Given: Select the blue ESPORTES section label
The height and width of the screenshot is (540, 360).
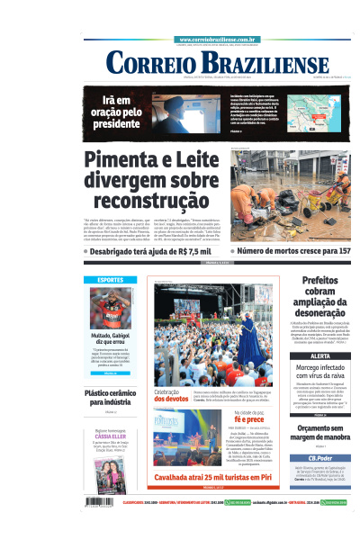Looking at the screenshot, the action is point(111,280).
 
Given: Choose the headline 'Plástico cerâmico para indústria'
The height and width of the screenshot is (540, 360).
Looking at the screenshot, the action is point(110,398).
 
